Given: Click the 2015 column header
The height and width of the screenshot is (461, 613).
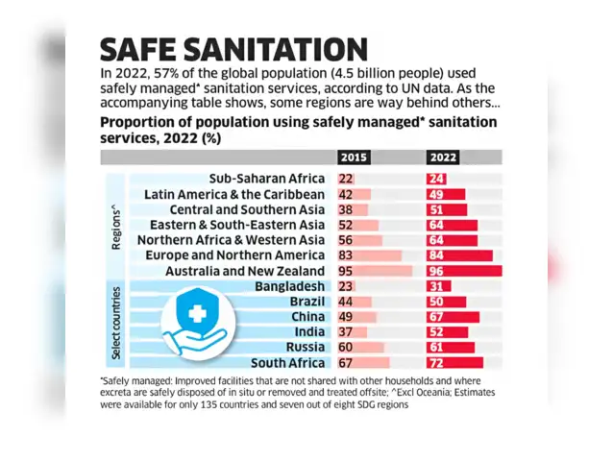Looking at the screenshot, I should [355, 158].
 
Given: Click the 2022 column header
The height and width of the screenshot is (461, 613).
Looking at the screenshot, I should [443, 158].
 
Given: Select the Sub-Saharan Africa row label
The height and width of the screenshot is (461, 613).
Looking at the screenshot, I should [266, 179].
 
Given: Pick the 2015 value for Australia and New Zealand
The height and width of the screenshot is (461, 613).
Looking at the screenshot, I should [346, 271].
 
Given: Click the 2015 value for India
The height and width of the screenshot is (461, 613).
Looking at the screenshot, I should [346, 332].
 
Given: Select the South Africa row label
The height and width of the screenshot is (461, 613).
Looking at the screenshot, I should [289, 363].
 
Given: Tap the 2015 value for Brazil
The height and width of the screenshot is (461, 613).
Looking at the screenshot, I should [346, 302].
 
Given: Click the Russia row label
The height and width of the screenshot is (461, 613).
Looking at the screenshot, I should [305, 348].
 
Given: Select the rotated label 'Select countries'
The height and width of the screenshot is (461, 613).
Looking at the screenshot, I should [116, 325].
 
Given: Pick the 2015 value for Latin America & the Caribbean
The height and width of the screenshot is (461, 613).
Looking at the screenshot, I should [346, 194].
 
